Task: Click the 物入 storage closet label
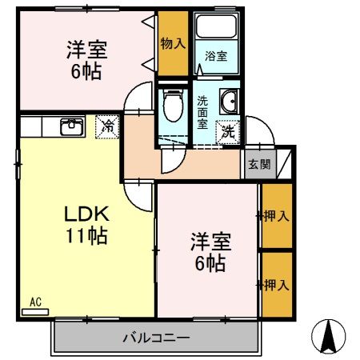click(x=173, y=42)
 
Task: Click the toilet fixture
click(x=171, y=103)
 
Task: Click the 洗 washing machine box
click(x=229, y=130)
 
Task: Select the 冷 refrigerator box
click(x=106, y=126)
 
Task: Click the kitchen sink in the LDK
click(x=72, y=125)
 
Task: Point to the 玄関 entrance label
click(x=258, y=164)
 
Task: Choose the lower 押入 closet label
click(x=276, y=283)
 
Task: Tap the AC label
click(x=35, y=301)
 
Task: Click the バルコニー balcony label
click(x=156, y=338)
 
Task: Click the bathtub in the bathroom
click(x=217, y=27)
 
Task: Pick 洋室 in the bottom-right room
click(x=206, y=241)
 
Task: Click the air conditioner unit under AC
click(x=35, y=310)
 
